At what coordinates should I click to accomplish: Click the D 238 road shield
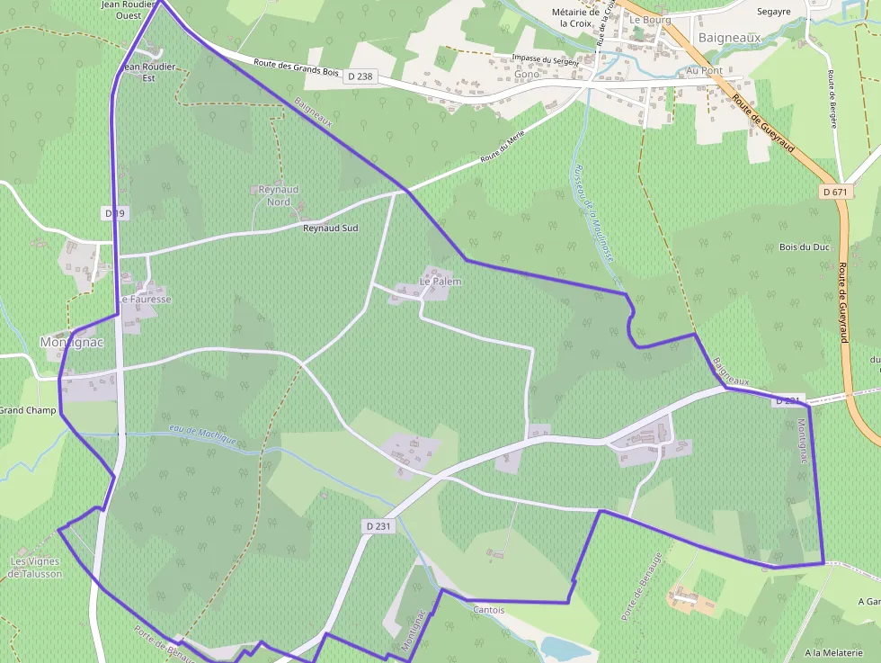[x=359, y=76]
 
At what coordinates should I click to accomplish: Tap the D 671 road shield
[x=835, y=192]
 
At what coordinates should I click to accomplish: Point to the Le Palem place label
[x=440, y=282]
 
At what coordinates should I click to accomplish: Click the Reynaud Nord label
[x=279, y=195]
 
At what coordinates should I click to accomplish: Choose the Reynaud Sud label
[x=330, y=228]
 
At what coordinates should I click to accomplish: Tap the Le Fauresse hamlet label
[x=146, y=299]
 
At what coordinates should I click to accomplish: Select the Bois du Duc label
[x=804, y=246]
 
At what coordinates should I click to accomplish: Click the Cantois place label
[x=488, y=610]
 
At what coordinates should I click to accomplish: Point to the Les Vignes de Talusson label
[x=36, y=568]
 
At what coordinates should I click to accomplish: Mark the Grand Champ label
[x=28, y=411]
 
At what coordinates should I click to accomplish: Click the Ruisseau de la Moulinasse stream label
[x=593, y=212]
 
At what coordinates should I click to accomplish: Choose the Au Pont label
[x=704, y=70]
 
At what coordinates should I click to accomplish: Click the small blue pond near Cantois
[x=563, y=648]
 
